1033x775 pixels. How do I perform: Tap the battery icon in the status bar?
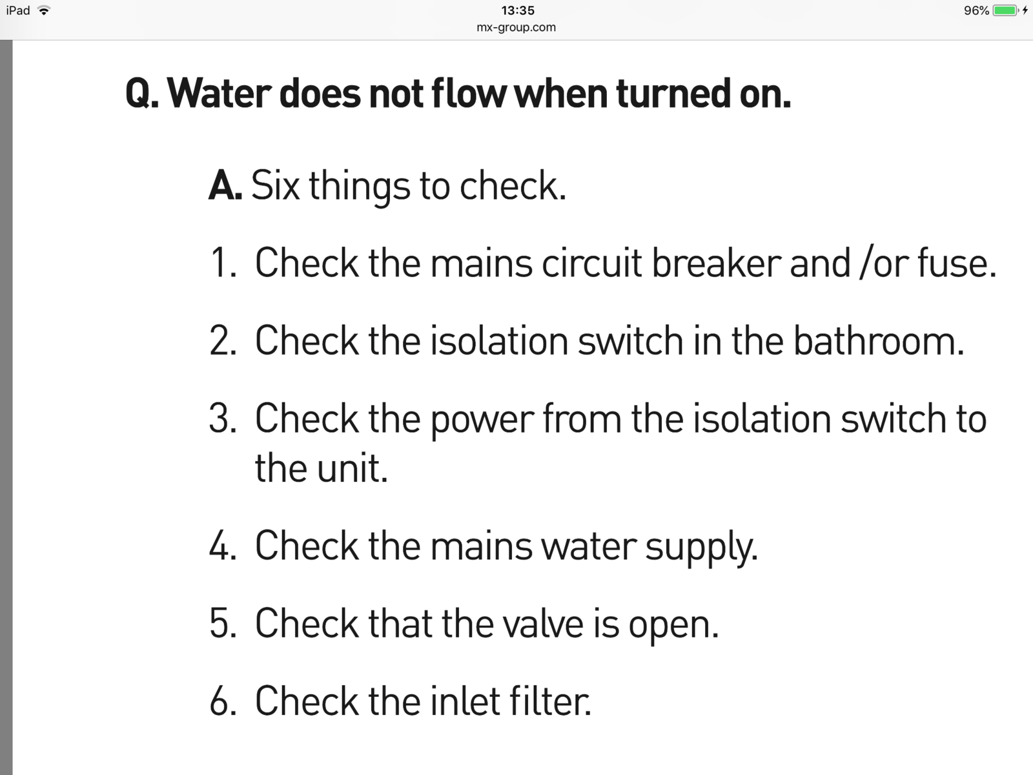[x=1006, y=10]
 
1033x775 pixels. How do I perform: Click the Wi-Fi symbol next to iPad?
[x=44, y=10]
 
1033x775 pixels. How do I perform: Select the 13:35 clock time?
[x=518, y=10]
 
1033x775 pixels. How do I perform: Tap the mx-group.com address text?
[x=516, y=27]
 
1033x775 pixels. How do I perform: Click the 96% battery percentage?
[x=977, y=10]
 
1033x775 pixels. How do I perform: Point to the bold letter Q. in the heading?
[x=142, y=94]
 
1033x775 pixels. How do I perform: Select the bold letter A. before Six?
[x=225, y=185]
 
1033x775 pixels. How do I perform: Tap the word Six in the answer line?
[x=275, y=185]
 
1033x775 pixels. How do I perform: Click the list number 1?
[x=223, y=263]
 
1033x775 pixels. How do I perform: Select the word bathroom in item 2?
[x=879, y=340]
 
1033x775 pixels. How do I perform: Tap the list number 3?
[x=223, y=418]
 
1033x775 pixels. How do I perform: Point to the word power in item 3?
[x=482, y=421]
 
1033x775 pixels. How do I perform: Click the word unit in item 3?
[x=352, y=468]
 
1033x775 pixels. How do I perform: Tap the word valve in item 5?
[x=542, y=623]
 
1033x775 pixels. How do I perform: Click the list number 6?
[x=223, y=701]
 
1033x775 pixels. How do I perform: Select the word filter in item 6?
[x=549, y=701]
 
